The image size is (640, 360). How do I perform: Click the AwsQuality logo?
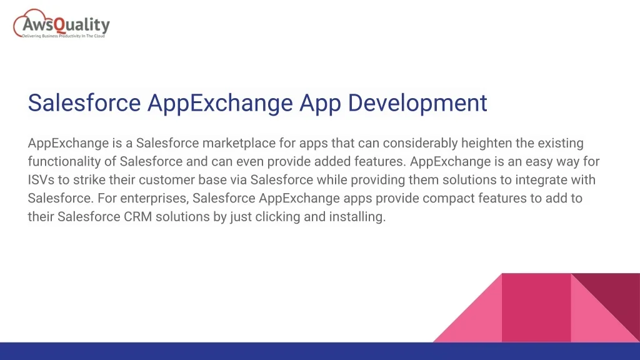point(62,24)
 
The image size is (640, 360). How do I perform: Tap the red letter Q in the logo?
point(60,26)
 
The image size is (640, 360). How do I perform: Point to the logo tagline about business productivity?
point(63,36)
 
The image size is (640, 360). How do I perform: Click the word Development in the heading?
point(417,103)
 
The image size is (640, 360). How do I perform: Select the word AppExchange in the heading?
point(220,103)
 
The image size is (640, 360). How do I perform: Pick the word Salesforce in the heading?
point(84,102)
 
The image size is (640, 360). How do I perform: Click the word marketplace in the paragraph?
point(239,143)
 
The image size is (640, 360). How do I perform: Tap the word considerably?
point(420,143)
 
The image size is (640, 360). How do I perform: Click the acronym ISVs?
point(41,180)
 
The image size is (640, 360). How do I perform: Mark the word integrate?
point(541,180)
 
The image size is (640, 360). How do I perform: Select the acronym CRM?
point(138,217)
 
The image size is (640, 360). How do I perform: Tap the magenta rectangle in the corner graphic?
point(536,307)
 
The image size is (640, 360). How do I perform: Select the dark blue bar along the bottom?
point(320,351)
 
